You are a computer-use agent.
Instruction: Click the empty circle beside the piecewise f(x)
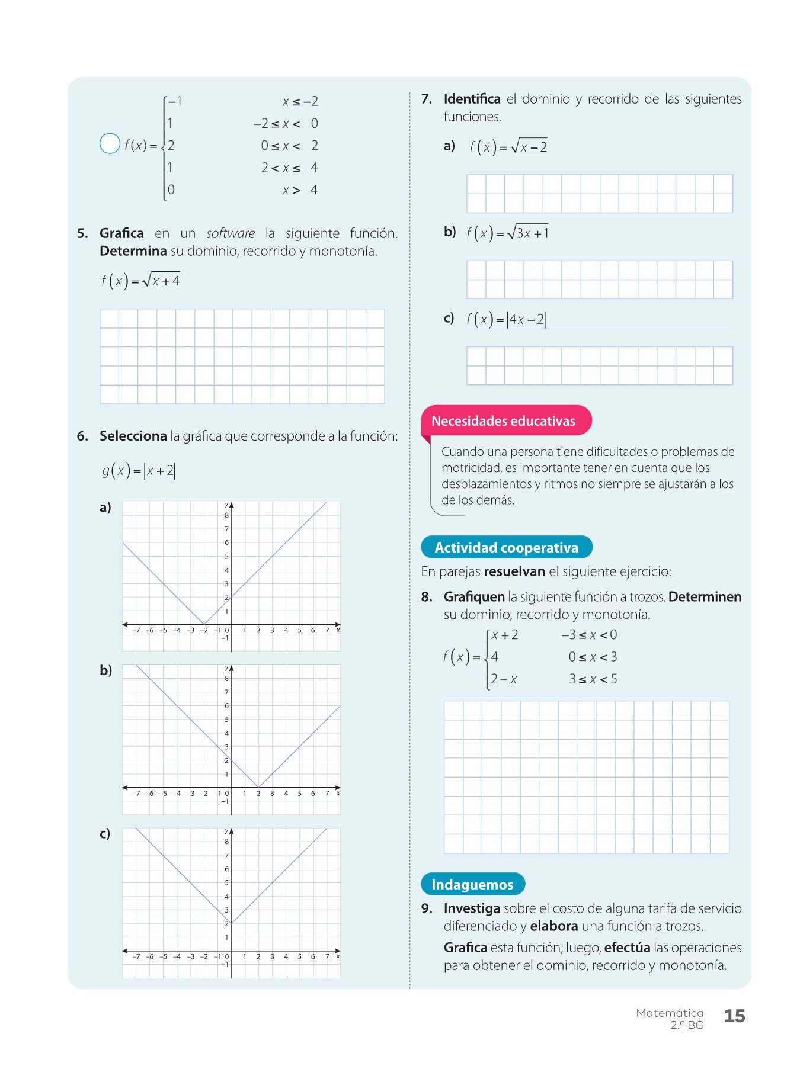pyautogui.click(x=110, y=143)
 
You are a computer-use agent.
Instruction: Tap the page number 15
pyautogui.click(x=734, y=1016)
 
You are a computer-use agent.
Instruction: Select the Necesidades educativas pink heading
pyautogui.click(x=503, y=421)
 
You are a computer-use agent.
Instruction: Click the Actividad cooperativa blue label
pyautogui.click(x=507, y=548)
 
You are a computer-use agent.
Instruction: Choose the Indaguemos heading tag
pyautogui.click(x=472, y=885)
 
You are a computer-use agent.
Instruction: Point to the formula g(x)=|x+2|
pyautogui.click(x=139, y=471)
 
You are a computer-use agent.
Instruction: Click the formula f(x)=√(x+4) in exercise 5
pyautogui.click(x=140, y=280)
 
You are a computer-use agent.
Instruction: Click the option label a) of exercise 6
pyautogui.click(x=105, y=508)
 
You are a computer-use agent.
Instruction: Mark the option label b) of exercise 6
pyautogui.click(x=105, y=670)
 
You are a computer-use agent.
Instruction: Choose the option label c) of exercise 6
pyautogui.click(x=105, y=834)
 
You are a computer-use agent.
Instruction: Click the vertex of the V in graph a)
pyautogui.click(x=204, y=624)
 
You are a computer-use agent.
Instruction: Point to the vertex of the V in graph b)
pyautogui.click(x=258, y=788)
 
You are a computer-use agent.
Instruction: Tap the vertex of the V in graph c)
pyautogui.click(x=231, y=923)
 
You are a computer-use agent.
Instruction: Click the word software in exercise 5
pyautogui.click(x=231, y=233)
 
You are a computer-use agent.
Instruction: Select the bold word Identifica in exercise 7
pyautogui.click(x=472, y=99)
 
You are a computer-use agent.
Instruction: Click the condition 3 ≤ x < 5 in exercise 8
pyautogui.click(x=593, y=679)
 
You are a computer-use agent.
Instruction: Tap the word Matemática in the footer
pyautogui.click(x=670, y=1013)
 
